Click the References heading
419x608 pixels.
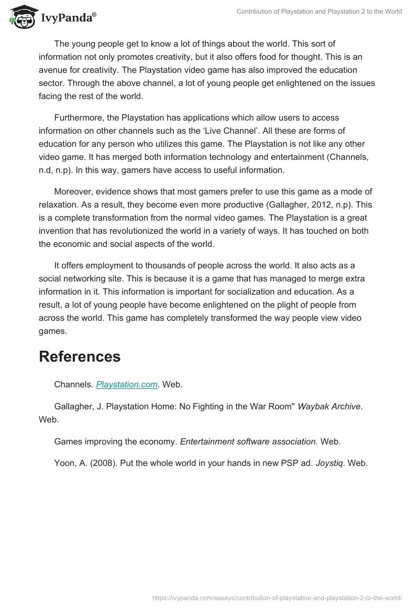click(x=80, y=356)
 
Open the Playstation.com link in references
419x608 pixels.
click(x=127, y=384)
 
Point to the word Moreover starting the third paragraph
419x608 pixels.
click(x=74, y=192)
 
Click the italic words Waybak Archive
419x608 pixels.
click(x=329, y=406)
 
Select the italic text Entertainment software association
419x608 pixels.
click(x=249, y=441)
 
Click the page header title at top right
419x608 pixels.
click(x=319, y=12)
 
